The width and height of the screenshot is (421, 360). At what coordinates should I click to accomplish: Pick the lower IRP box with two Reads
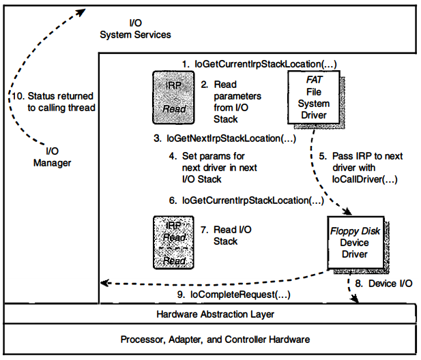point(173,242)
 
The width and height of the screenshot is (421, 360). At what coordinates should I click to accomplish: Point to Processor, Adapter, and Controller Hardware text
point(215,339)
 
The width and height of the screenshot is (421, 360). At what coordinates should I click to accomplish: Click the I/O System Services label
point(135,28)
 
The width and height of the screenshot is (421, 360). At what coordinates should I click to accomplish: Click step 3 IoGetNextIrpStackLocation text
point(224,138)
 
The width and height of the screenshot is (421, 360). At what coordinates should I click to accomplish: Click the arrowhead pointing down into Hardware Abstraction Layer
point(354,299)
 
